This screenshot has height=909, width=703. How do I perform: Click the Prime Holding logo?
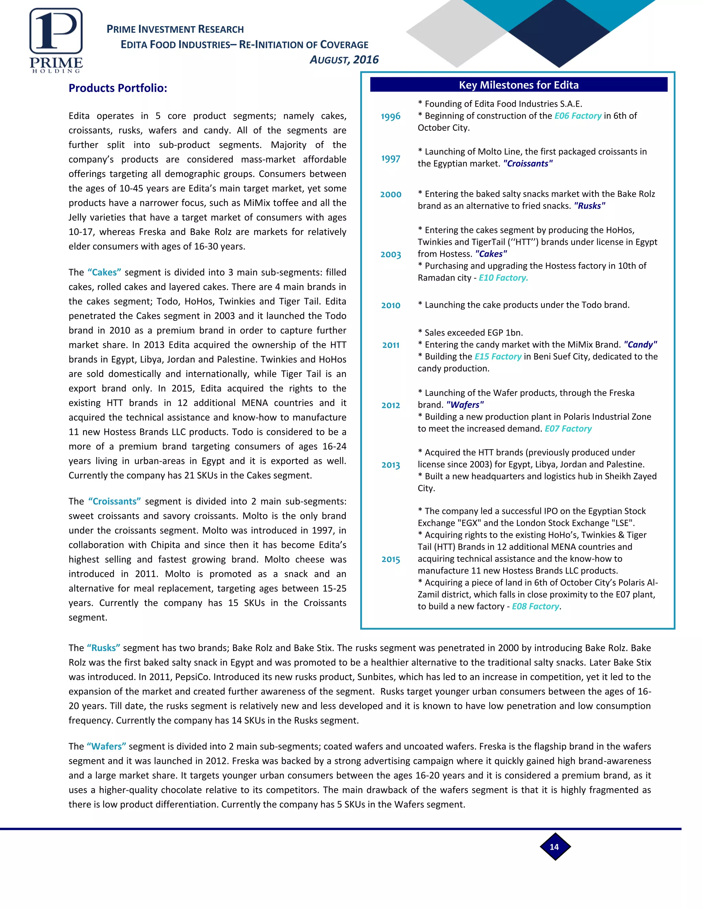coord(56,41)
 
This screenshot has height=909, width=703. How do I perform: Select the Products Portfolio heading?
coord(118,88)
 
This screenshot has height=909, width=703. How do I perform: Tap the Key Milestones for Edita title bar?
coord(519,85)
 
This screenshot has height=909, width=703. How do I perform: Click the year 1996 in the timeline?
coord(391,117)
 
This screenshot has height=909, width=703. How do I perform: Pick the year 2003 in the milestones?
coord(391,254)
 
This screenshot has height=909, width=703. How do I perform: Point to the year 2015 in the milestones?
coord(391,559)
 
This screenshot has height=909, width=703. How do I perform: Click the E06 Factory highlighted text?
coord(578,116)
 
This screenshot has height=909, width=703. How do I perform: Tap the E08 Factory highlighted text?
coord(535,606)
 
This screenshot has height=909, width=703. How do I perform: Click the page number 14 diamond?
coord(555,847)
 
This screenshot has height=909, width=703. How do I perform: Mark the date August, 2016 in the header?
coord(344,60)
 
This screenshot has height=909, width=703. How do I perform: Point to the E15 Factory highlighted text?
coord(498,357)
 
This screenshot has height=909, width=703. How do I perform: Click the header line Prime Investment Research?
coord(175,29)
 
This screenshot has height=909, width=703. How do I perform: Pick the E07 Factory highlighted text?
coord(568,429)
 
